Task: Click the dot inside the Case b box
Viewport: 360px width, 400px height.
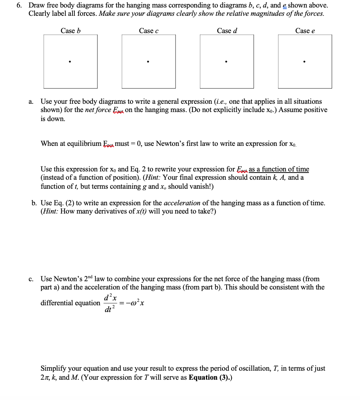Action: (x=70, y=61)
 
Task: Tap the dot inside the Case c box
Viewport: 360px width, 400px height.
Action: (x=148, y=61)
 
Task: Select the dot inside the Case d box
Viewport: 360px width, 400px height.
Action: (x=226, y=61)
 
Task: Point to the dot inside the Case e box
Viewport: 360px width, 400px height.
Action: (x=304, y=61)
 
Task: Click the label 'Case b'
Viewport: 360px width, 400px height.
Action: (x=70, y=31)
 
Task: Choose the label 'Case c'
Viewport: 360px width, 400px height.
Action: (x=148, y=31)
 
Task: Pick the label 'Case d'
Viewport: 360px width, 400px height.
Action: (x=227, y=31)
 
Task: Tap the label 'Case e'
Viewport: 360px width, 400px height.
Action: (x=305, y=31)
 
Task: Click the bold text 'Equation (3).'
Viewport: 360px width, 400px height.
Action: (x=210, y=377)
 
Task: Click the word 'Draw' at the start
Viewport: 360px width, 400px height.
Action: (x=37, y=6)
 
